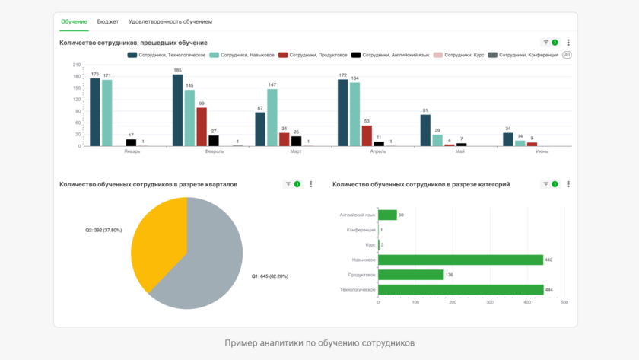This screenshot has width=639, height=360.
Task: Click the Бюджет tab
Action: (x=108, y=22)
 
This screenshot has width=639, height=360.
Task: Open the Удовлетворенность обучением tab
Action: (x=170, y=22)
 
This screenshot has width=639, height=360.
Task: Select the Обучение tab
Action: (x=75, y=22)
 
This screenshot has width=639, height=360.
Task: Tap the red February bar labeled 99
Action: (x=202, y=127)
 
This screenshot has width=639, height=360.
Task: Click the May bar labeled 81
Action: (x=425, y=130)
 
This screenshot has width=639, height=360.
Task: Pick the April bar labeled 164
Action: (x=355, y=114)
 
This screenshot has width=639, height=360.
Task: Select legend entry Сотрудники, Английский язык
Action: (x=396, y=55)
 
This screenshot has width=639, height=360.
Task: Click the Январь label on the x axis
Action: (x=132, y=151)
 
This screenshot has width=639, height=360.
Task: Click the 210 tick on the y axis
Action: (x=78, y=65)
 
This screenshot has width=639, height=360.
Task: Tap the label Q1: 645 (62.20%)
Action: (x=269, y=276)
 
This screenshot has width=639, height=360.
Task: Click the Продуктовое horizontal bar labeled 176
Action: (x=411, y=275)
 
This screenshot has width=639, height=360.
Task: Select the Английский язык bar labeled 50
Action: (x=387, y=215)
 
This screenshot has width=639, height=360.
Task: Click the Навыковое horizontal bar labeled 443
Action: (x=460, y=260)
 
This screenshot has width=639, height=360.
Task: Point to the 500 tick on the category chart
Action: (x=564, y=302)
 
